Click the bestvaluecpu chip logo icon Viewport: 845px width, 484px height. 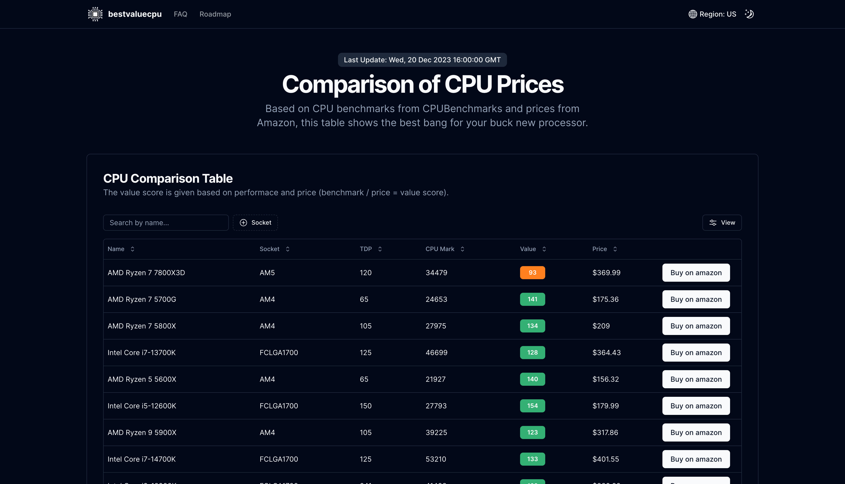coord(95,14)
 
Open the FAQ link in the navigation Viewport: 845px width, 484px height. coord(180,14)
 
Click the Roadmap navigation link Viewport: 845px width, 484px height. coord(215,14)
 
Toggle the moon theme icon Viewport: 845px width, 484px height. coord(749,14)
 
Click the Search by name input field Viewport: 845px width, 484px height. coord(166,223)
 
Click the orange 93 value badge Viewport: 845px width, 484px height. coord(532,273)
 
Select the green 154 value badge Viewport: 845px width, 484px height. coord(532,406)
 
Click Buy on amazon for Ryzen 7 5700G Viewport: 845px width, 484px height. coord(696,299)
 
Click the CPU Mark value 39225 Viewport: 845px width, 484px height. coord(436,432)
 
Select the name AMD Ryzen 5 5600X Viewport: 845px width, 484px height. coord(142,379)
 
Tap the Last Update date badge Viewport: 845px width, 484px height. coord(422,60)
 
